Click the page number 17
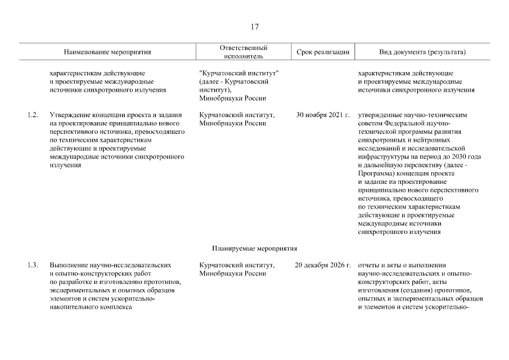pos(254,26)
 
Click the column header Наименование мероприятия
pos(107,52)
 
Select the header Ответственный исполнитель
pos(243,52)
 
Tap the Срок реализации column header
pos(323,52)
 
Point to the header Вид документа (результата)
pos(423,52)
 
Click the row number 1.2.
pos(32,115)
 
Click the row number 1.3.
pos(32,265)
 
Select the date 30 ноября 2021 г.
pos(322,115)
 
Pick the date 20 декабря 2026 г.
pos(322,265)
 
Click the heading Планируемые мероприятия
pos(254,248)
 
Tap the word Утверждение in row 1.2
pos(70,115)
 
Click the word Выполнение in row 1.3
pos(69,265)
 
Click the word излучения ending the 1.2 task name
pos(65,165)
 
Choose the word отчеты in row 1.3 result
pos(368,265)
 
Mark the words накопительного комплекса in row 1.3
pos(90,307)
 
